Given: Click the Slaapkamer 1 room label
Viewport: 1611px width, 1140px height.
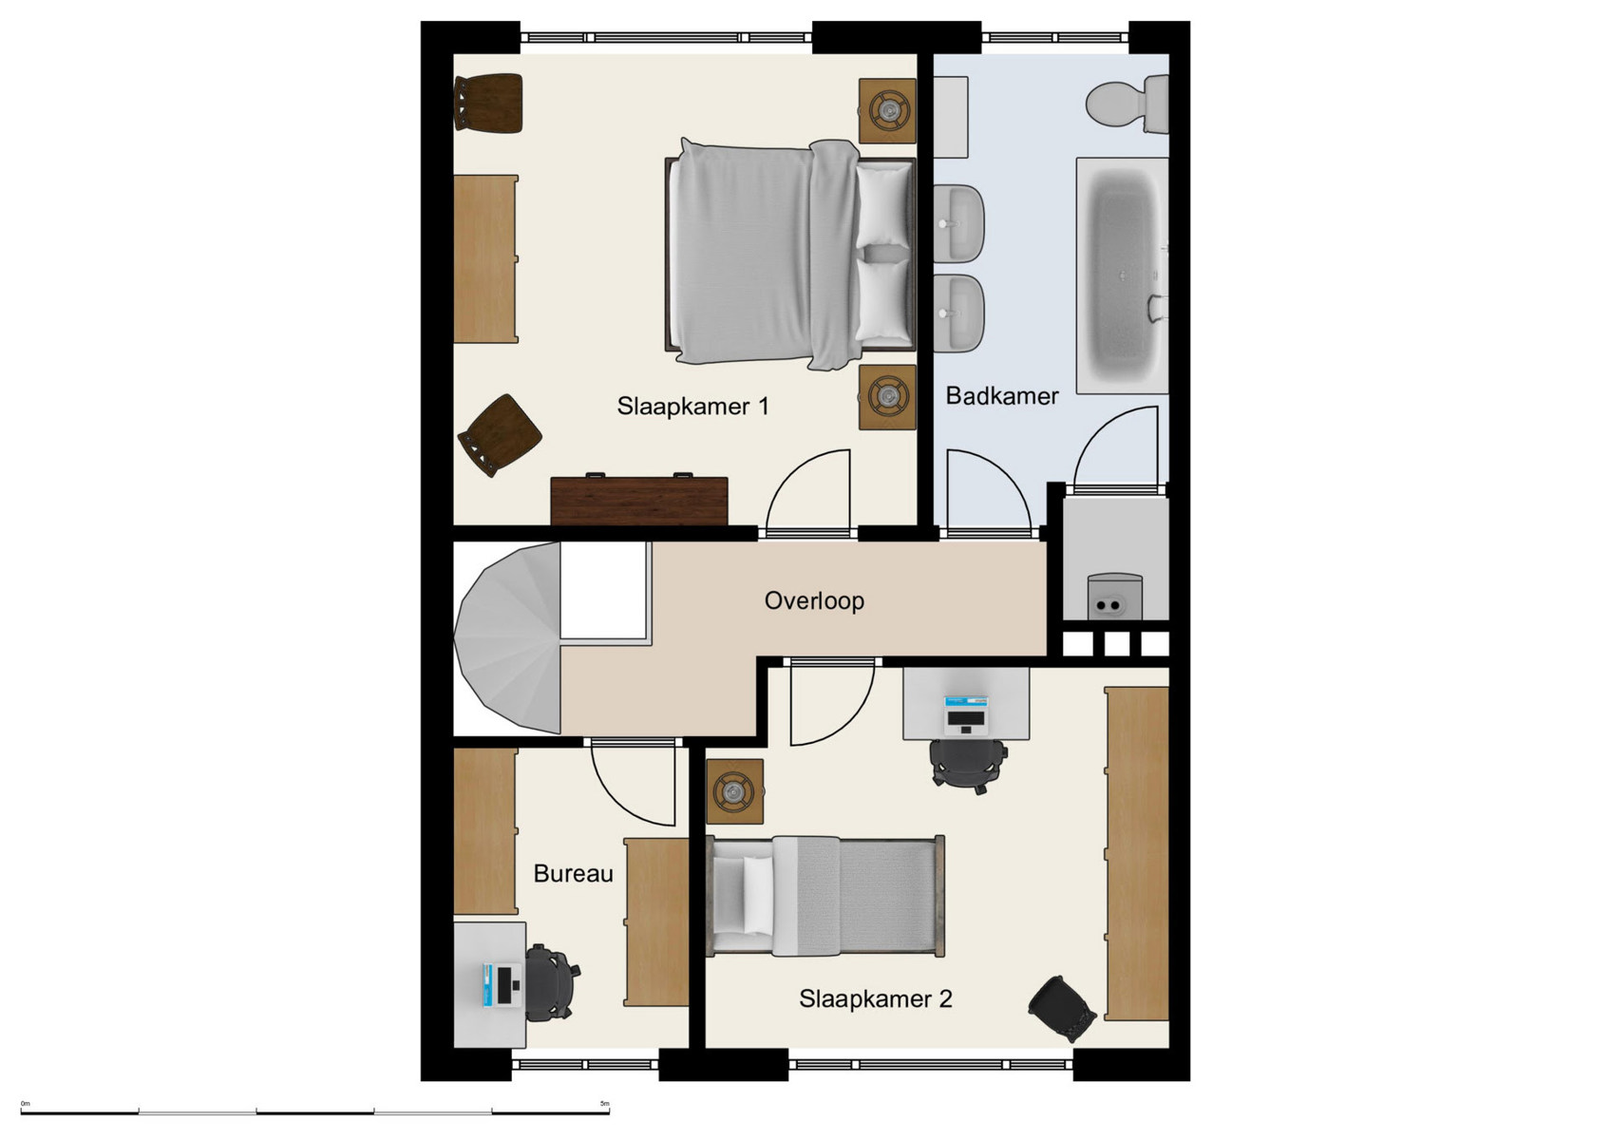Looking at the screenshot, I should point(692,407).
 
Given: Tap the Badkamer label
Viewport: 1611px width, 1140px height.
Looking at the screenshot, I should point(1001,395).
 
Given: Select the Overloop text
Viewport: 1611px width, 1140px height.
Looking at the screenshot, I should point(814,600).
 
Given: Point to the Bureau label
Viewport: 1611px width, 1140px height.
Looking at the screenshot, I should point(573,873).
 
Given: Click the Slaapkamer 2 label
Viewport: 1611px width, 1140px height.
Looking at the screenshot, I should point(875,998).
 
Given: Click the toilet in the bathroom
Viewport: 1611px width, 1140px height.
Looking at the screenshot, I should point(1127,104).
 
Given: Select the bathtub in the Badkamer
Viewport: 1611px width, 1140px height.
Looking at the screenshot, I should point(1122,275).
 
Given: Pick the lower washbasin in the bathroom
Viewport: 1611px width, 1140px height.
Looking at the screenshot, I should point(959,312).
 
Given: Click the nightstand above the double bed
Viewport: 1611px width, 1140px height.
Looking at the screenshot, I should point(887,110).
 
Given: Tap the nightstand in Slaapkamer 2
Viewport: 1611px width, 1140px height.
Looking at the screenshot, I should point(735,790).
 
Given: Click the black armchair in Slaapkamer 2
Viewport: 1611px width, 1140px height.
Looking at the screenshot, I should point(1062,1008).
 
